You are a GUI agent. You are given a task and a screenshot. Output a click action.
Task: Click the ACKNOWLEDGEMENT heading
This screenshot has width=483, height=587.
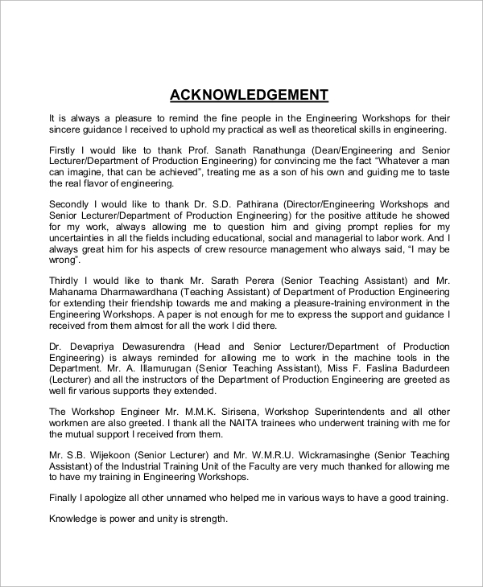click(x=249, y=95)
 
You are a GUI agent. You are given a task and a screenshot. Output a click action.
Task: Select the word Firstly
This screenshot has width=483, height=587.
click(x=64, y=150)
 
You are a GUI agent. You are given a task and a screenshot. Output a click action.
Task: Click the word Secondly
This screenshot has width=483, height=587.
click(x=75, y=204)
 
